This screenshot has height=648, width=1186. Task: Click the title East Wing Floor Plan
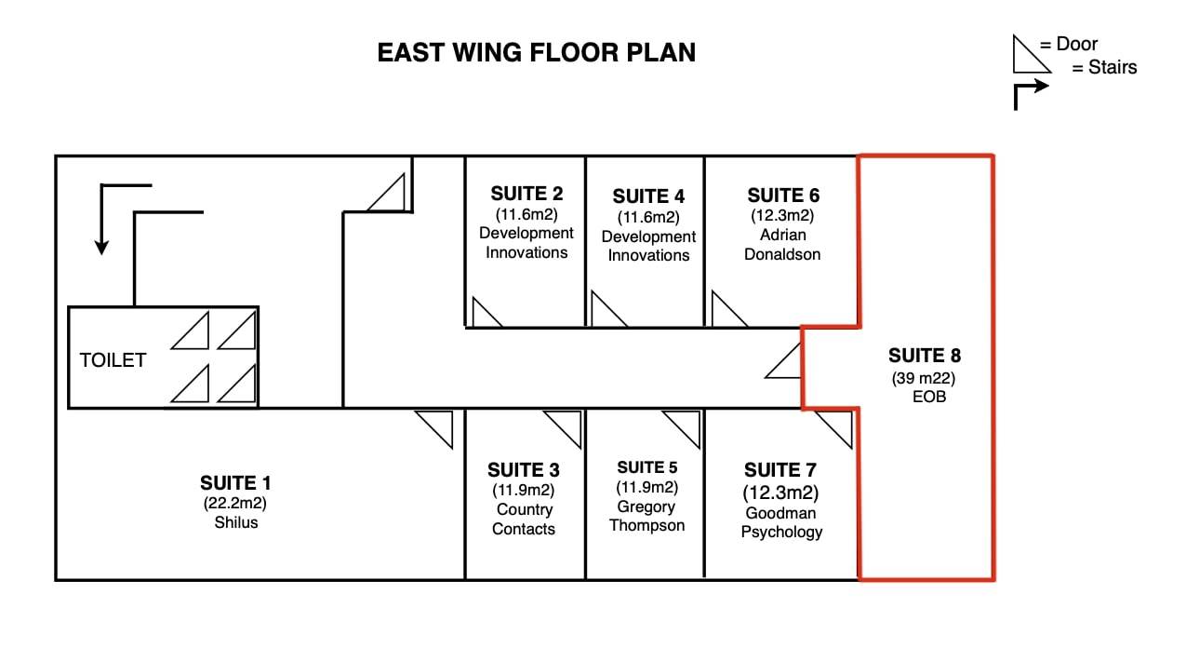(x=536, y=52)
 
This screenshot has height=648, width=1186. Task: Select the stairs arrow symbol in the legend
(x=1030, y=93)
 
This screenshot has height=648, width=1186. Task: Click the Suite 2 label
(x=526, y=194)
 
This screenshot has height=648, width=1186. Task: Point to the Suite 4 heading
(x=648, y=196)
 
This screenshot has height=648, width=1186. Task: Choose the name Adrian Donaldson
(x=782, y=244)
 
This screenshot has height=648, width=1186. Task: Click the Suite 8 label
(x=924, y=355)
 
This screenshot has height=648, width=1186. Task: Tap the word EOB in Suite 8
(x=929, y=397)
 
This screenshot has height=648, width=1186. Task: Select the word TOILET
(x=113, y=360)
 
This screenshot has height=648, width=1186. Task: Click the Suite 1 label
(x=235, y=482)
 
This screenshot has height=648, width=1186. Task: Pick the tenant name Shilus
(x=235, y=522)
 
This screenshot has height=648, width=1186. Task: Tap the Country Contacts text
(x=524, y=520)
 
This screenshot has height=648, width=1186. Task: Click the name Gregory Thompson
(x=646, y=516)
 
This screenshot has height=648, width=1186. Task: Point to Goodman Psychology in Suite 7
(x=781, y=522)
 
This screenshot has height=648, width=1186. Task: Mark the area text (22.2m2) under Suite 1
(x=235, y=503)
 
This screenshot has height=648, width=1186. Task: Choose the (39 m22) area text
(x=924, y=378)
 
